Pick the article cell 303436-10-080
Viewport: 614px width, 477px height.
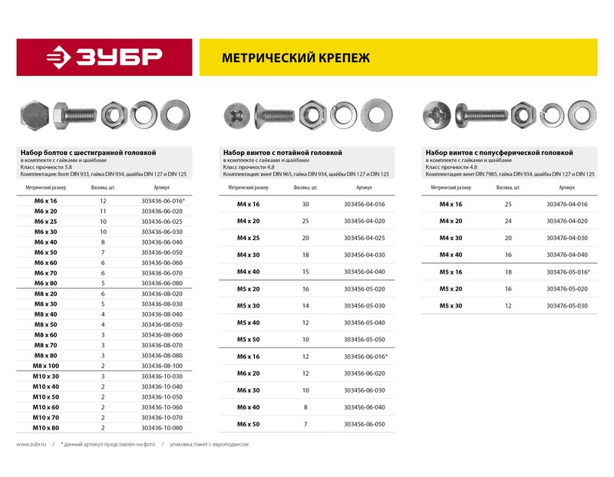pos(161,427)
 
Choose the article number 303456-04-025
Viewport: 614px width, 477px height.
pos(365,238)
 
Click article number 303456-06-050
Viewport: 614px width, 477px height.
pos(365,423)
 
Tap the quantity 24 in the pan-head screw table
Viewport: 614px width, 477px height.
pos(508,221)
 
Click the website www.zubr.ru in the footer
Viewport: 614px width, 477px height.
pos(32,445)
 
